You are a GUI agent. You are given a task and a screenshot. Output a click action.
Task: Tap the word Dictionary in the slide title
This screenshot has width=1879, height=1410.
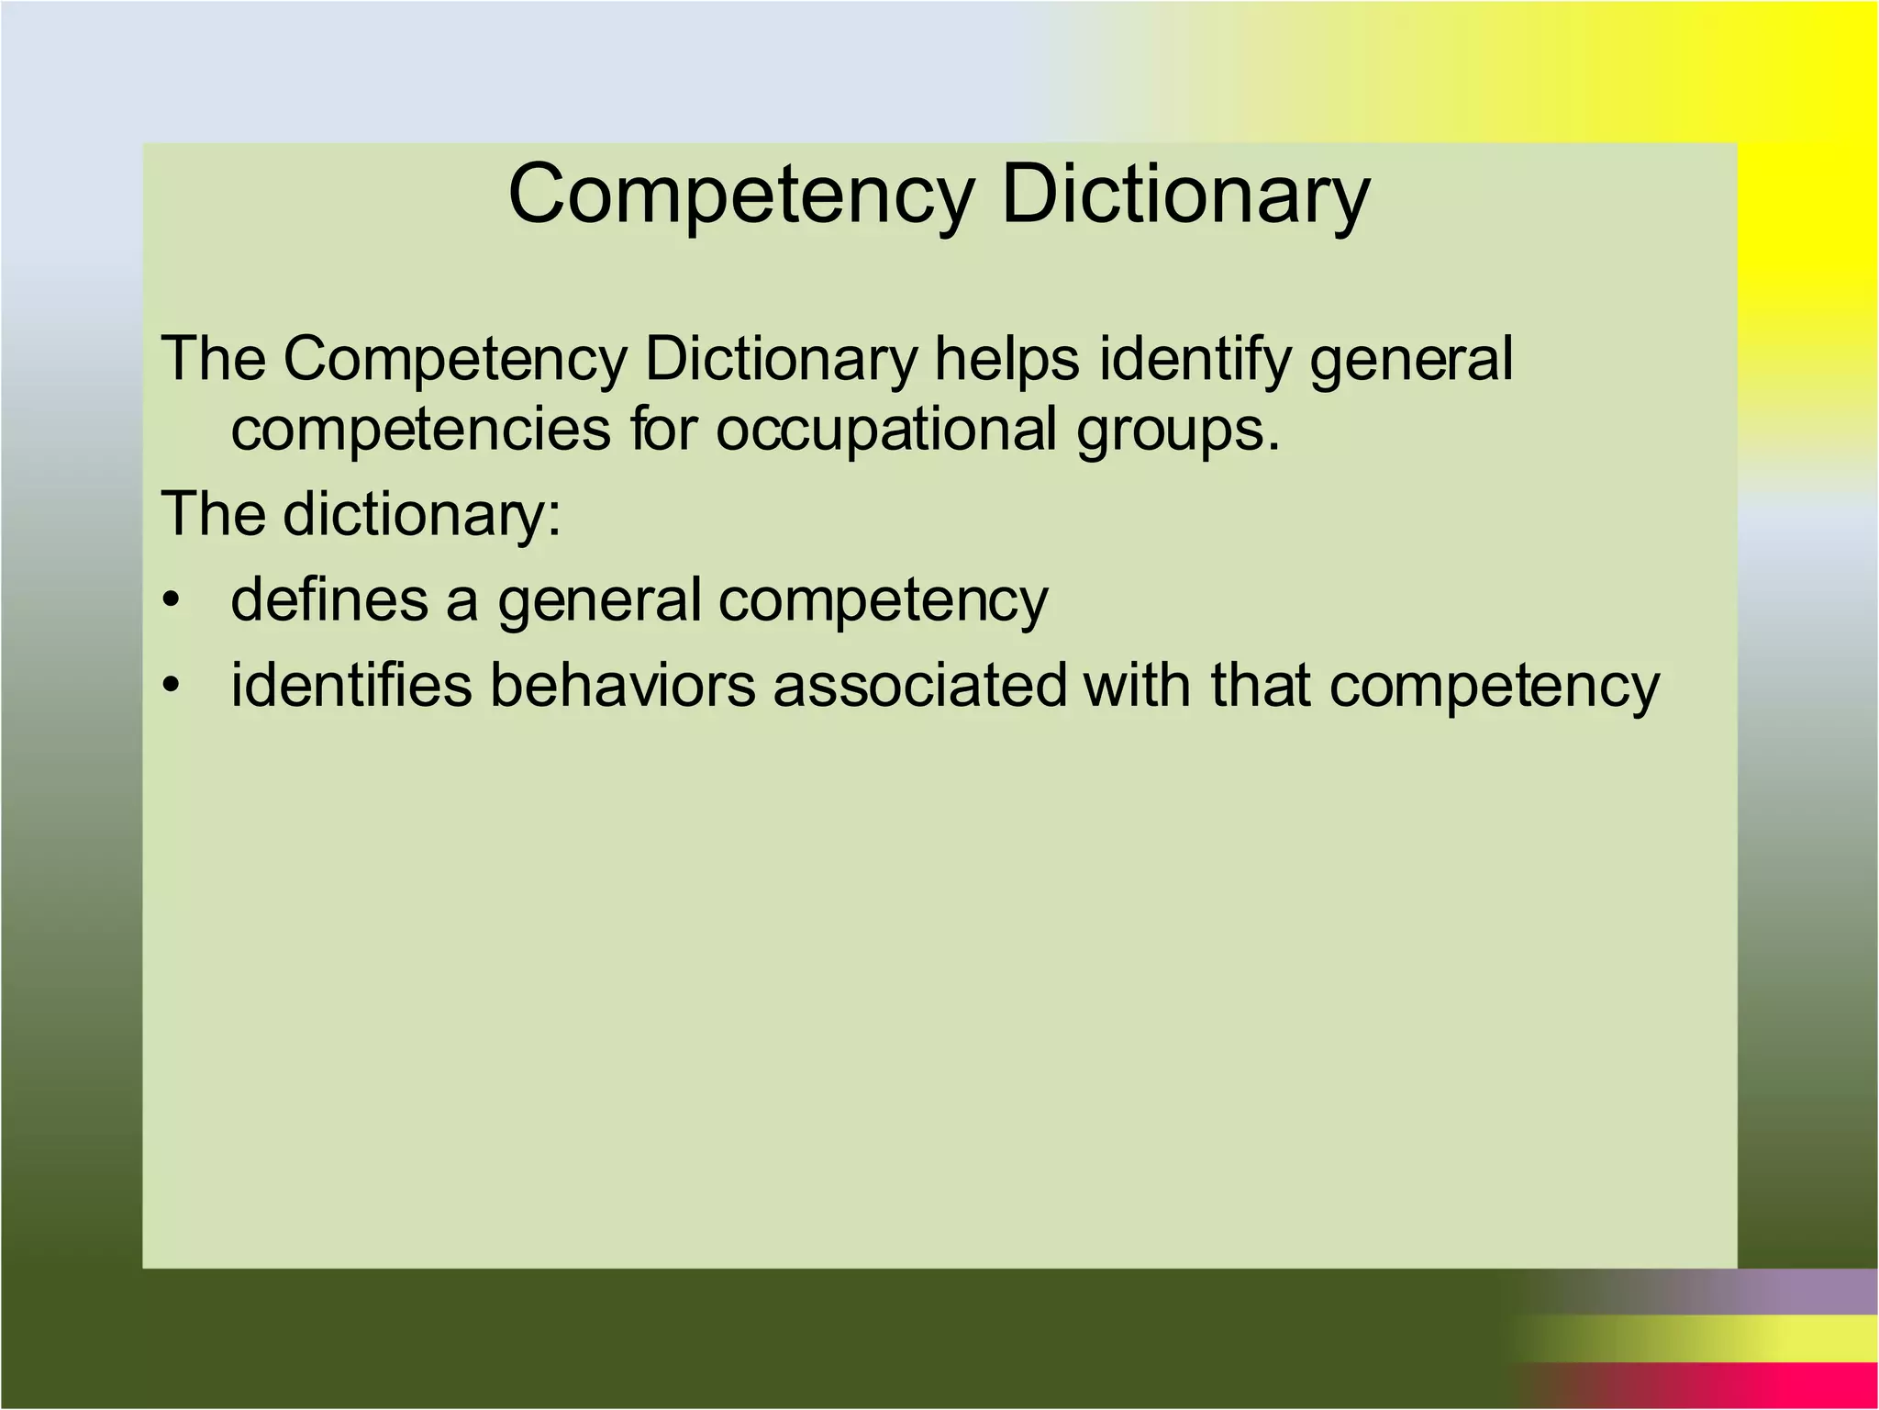coord(1185,196)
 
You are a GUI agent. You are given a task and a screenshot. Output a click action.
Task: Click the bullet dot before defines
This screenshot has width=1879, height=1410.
coord(170,601)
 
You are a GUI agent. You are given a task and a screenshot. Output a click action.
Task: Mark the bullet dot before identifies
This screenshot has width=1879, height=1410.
coord(170,687)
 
